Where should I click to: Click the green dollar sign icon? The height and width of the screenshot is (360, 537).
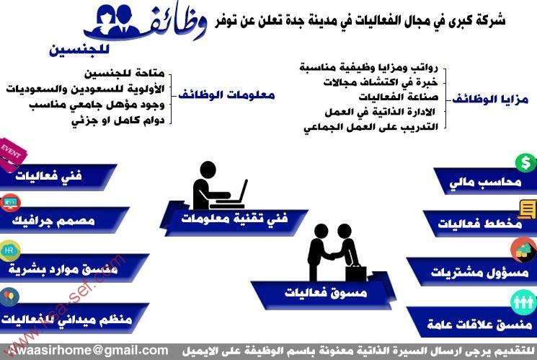[525, 162]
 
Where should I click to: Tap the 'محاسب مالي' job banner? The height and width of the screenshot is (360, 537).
[485, 181]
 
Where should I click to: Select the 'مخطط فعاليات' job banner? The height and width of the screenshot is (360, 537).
[479, 224]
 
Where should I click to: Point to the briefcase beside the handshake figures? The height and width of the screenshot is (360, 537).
[356, 273]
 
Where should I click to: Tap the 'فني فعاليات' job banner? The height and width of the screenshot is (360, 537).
[55, 176]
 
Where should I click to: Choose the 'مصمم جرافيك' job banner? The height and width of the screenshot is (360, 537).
[60, 221]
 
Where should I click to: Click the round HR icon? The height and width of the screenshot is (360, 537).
[9, 250]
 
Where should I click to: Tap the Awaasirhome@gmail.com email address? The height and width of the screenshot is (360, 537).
[89, 351]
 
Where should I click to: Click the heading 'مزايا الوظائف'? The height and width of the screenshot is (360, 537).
[490, 100]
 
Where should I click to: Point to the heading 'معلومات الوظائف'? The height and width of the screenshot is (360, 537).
[226, 95]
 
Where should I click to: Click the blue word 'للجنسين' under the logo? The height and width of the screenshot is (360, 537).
[79, 49]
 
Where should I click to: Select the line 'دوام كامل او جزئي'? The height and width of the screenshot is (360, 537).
[118, 120]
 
